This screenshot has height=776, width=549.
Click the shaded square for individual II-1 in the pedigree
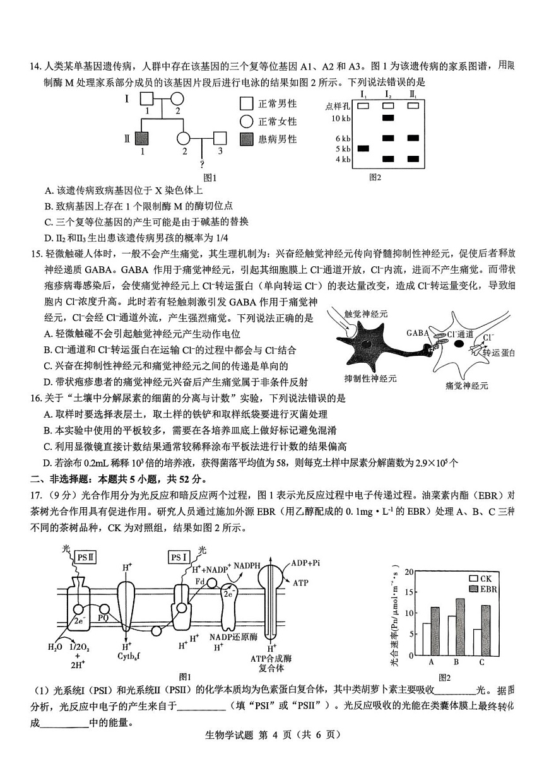(x=142, y=138)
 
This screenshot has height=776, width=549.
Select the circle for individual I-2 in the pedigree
(x=177, y=99)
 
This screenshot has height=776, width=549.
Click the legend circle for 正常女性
(x=247, y=121)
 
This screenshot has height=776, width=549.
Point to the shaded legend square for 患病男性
(x=247, y=139)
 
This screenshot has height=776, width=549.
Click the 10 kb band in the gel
(x=387, y=118)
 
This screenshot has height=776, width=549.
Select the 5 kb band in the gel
(x=363, y=148)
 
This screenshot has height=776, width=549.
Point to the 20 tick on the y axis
(x=409, y=572)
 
